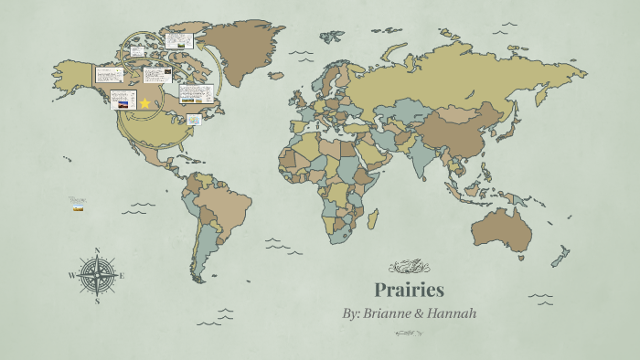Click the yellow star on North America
[x=144, y=103]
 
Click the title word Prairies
[x=409, y=291]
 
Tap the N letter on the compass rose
[x=97, y=249]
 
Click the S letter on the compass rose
[x=97, y=301]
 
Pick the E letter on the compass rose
[x=122, y=275]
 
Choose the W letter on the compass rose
[x=70, y=275]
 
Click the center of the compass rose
[x=97, y=274]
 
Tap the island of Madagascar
[x=373, y=220]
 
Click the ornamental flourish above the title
[x=409, y=267]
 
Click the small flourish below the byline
[x=409, y=333]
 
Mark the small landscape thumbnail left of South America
[x=79, y=209]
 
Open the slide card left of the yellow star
[x=123, y=100]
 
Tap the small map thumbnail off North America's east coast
[x=194, y=120]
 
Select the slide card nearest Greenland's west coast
[x=178, y=40]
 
